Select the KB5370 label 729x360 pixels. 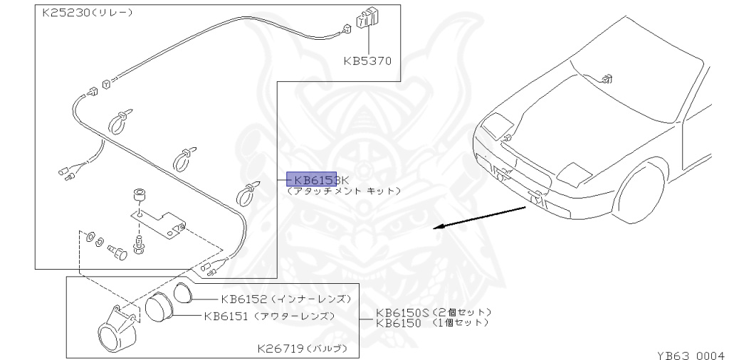pyautogui.click(x=367, y=61)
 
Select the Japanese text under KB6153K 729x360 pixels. pyautogui.click(x=343, y=191)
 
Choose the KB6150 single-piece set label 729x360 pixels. pyautogui.click(x=399, y=323)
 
